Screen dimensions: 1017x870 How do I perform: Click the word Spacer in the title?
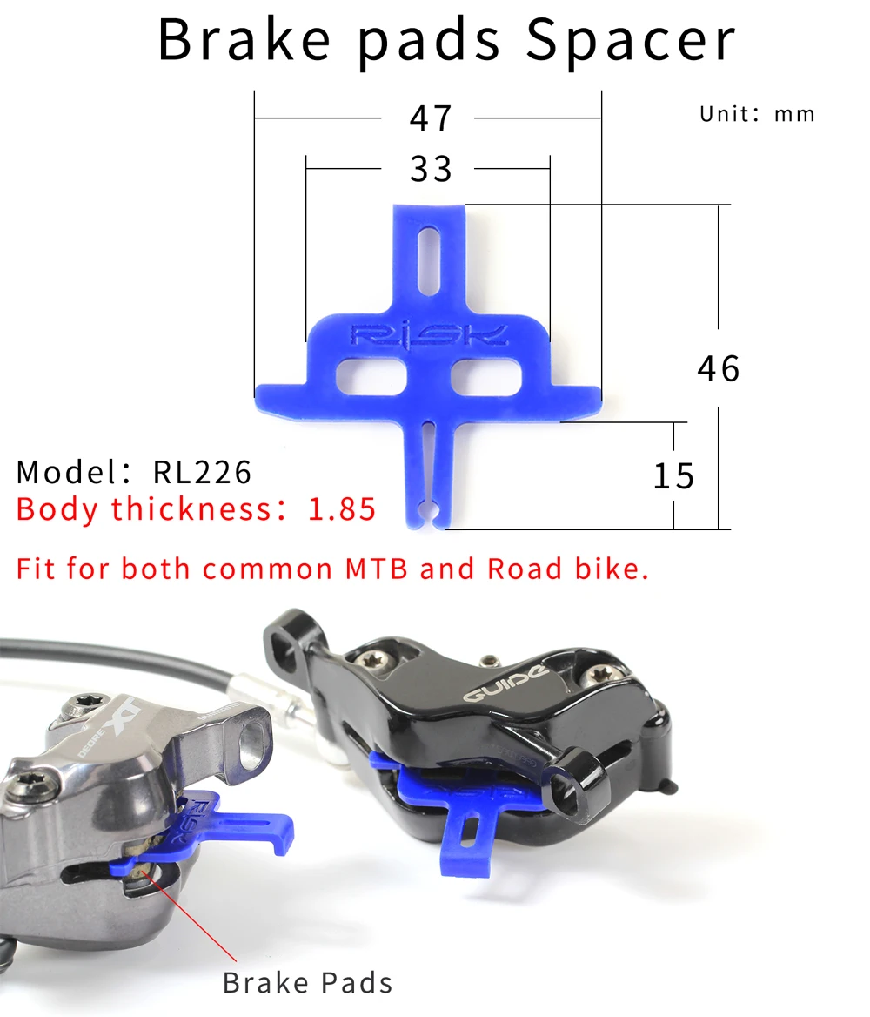click(x=631, y=39)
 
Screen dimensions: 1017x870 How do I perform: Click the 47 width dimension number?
click(x=432, y=118)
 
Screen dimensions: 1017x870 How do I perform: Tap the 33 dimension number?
click(x=432, y=169)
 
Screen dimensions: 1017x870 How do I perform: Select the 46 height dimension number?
click(x=719, y=368)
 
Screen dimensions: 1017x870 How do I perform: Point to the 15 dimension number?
click(x=673, y=476)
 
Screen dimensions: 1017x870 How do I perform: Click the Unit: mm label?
click(x=757, y=114)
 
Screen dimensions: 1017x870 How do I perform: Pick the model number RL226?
click(x=202, y=472)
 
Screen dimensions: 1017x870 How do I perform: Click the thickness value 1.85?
click(x=342, y=508)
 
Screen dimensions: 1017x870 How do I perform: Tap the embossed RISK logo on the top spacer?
click(x=428, y=336)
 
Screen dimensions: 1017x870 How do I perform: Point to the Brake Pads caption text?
click(x=307, y=983)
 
